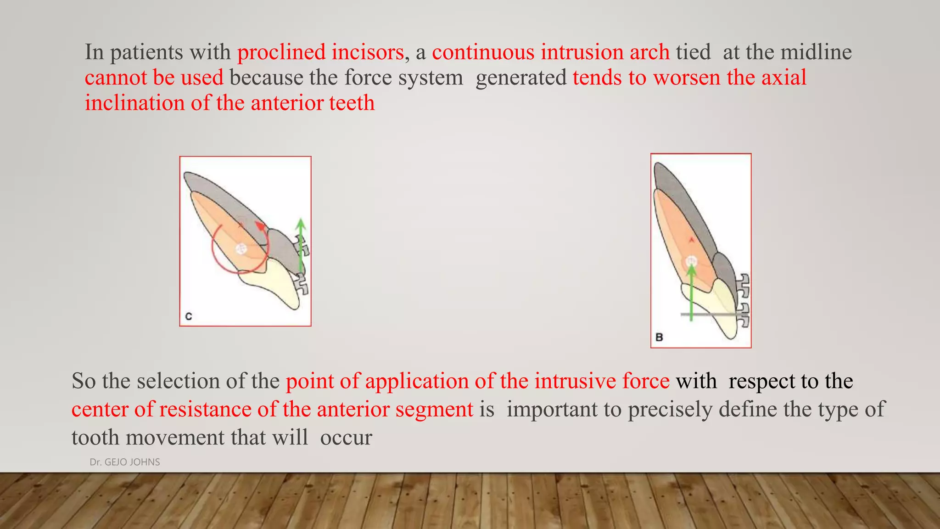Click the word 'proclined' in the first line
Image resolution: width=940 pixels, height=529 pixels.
[281, 52]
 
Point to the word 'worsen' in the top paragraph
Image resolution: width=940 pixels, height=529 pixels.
[687, 77]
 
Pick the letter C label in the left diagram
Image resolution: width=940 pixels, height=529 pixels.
[188, 316]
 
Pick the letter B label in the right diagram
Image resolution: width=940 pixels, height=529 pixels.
[659, 337]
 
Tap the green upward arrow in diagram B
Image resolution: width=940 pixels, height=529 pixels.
[691, 294]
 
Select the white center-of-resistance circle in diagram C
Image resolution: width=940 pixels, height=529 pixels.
[241, 249]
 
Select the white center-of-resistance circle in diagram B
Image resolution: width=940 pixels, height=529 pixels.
[691, 262]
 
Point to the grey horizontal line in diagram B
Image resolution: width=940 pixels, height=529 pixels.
[709, 315]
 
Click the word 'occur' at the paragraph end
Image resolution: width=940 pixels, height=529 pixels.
[346, 438]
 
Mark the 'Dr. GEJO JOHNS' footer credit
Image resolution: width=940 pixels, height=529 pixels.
[125, 462]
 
